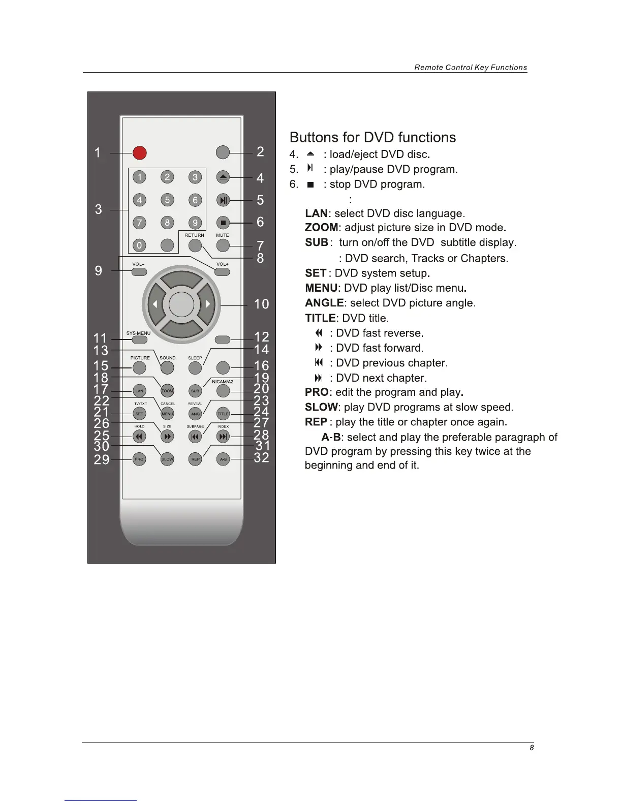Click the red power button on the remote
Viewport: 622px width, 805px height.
click(x=140, y=152)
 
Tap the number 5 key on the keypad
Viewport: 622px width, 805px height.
click(x=167, y=200)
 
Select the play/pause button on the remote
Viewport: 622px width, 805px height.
click(x=223, y=200)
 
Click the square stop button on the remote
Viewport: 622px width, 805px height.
click(x=223, y=223)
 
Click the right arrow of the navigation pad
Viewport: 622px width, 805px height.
click(x=208, y=304)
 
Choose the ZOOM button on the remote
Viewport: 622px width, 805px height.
click(x=167, y=391)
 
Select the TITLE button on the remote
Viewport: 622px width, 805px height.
click(x=223, y=414)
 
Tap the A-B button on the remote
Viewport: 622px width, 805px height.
click(x=223, y=459)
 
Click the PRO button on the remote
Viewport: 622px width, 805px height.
click(x=139, y=459)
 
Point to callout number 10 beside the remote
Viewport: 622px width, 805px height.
click(x=261, y=304)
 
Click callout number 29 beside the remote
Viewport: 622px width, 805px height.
click(x=102, y=459)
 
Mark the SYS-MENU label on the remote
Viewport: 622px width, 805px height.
click(x=138, y=333)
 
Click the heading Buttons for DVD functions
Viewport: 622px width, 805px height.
click(x=372, y=138)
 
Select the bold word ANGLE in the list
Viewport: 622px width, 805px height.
click(x=324, y=303)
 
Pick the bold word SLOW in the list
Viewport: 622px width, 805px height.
click(x=321, y=408)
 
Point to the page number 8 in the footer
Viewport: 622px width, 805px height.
click(x=532, y=748)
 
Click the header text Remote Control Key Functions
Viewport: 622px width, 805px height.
click(x=471, y=68)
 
